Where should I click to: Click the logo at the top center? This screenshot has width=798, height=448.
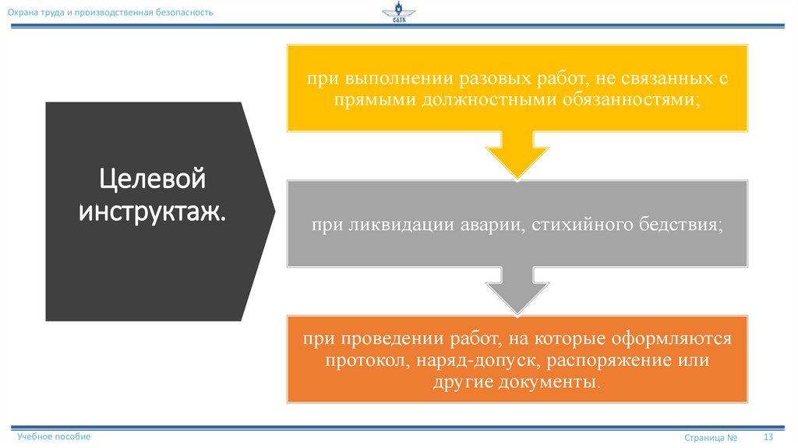(399, 13)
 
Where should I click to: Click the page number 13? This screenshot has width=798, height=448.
(768, 436)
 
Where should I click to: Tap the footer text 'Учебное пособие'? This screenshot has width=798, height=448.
(55, 436)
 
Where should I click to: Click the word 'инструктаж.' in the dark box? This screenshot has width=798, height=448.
(152, 211)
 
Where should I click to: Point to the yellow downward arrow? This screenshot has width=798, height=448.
(517, 156)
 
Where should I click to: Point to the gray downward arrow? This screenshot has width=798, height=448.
(517, 291)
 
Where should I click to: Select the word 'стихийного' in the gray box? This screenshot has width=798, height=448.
(567, 225)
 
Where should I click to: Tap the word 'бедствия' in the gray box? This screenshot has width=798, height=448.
(669, 225)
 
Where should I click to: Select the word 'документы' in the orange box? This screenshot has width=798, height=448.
(555, 382)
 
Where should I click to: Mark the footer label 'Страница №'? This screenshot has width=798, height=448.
(711, 438)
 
